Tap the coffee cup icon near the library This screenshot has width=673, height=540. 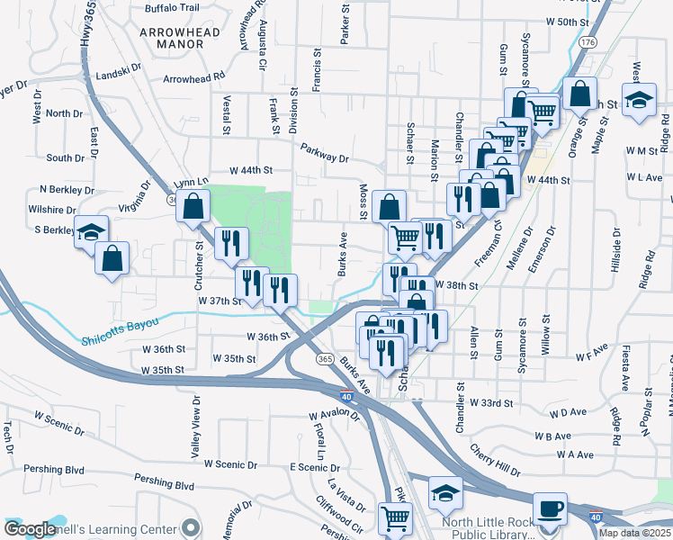549,508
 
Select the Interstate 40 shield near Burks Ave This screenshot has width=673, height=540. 346,396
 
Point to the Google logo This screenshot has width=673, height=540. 30,529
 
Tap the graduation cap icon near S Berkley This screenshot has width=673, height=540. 91,232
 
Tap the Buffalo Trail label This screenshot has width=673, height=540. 171,8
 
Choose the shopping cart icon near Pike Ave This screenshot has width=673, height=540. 394,518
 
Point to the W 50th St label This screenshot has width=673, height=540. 566,21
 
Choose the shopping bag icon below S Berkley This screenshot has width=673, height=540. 112,258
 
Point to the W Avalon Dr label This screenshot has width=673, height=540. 333,416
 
